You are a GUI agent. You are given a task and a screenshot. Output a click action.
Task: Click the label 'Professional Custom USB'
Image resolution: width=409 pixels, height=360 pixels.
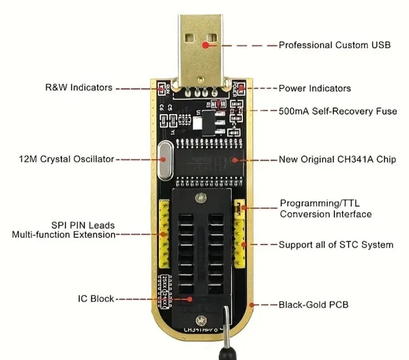(334, 45)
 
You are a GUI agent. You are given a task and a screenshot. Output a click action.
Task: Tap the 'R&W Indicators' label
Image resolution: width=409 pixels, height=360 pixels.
(79, 87)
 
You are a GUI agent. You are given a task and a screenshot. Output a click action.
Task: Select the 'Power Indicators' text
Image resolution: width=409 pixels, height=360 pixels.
(314, 88)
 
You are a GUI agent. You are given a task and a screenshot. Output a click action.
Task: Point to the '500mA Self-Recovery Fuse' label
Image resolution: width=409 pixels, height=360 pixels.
(337, 111)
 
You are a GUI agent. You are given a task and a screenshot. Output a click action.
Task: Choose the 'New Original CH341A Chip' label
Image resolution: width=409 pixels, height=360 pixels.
(337, 160)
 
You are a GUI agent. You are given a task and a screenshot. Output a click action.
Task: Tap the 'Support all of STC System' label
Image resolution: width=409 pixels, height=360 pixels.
(336, 245)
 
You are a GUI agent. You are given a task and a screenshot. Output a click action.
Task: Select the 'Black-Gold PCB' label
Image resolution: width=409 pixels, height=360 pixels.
(313, 305)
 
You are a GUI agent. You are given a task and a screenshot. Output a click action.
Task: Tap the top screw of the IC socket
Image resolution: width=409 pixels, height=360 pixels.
(200, 197)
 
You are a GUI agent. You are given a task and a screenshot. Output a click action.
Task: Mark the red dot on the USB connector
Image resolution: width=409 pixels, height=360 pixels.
(206, 44)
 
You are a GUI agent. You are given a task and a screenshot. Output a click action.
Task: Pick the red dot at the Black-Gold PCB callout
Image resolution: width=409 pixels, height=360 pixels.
(252, 305)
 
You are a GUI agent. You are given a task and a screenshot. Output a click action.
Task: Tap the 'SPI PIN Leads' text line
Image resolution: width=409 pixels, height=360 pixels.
(83, 225)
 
